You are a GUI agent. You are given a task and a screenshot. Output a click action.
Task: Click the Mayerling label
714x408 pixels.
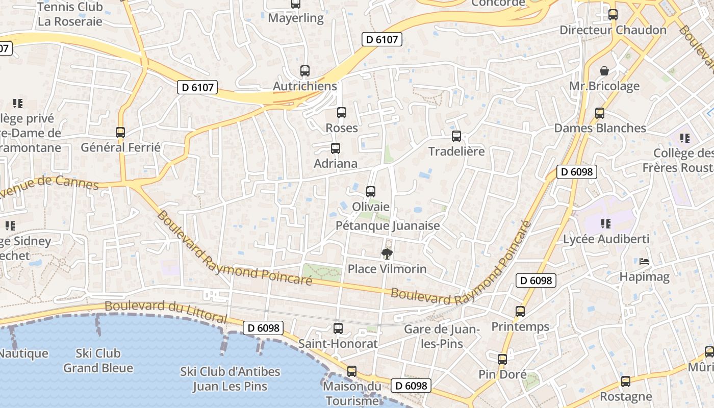[296, 18]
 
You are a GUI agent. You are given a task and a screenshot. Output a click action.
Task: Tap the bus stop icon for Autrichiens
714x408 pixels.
[305, 71]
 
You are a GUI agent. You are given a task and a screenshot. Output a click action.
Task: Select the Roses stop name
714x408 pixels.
[342, 128]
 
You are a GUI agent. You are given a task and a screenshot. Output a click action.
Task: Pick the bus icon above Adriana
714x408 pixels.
[336, 148]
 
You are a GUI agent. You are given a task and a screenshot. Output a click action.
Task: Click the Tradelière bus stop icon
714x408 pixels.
[456, 136]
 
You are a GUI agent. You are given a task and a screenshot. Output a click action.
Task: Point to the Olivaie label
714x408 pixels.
[371, 207]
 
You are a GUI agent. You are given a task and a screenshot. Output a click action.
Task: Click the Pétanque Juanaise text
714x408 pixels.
[388, 225]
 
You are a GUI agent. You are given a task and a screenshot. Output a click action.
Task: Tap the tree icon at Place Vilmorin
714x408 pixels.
[387, 253]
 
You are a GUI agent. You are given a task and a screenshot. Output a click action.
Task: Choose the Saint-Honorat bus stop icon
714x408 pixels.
[338, 328]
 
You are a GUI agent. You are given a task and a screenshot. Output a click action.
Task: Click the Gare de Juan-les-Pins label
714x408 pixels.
[441, 337]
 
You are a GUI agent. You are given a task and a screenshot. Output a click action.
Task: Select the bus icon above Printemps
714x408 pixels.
[520, 311]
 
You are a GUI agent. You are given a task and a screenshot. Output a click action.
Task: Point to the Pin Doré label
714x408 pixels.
[502, 375]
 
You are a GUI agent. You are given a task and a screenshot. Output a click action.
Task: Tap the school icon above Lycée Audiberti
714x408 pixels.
[606, 223]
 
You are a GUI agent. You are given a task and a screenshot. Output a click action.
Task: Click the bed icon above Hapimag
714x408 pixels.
[644, 262]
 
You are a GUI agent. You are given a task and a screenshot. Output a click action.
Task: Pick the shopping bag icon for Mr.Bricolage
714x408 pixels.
[604, 70]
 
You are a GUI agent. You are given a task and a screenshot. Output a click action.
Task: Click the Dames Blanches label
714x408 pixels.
[600, 128]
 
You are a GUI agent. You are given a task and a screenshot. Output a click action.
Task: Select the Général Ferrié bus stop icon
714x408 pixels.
[120, 133]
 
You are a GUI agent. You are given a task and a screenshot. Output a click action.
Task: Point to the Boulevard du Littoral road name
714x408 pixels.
[166, 311]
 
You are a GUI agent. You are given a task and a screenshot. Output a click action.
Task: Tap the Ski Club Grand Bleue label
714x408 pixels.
[98, 361]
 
